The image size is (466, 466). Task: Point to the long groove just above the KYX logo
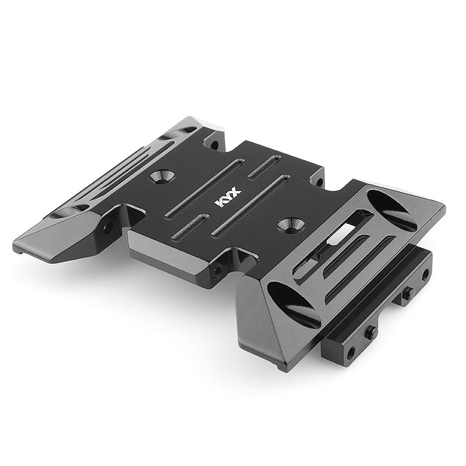[205, 188]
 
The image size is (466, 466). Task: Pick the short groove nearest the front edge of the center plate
[189, 227]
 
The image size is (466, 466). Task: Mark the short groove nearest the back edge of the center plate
[264, 167]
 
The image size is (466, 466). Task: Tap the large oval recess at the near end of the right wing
[294, 305]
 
